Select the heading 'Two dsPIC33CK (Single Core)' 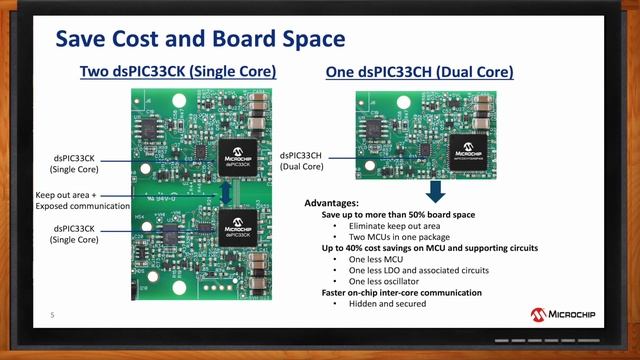click(x=178, y=73)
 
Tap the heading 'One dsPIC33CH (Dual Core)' click(x=420, y=73)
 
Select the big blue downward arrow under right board click(x=435, y=191)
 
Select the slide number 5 click(x=52, y=316)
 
